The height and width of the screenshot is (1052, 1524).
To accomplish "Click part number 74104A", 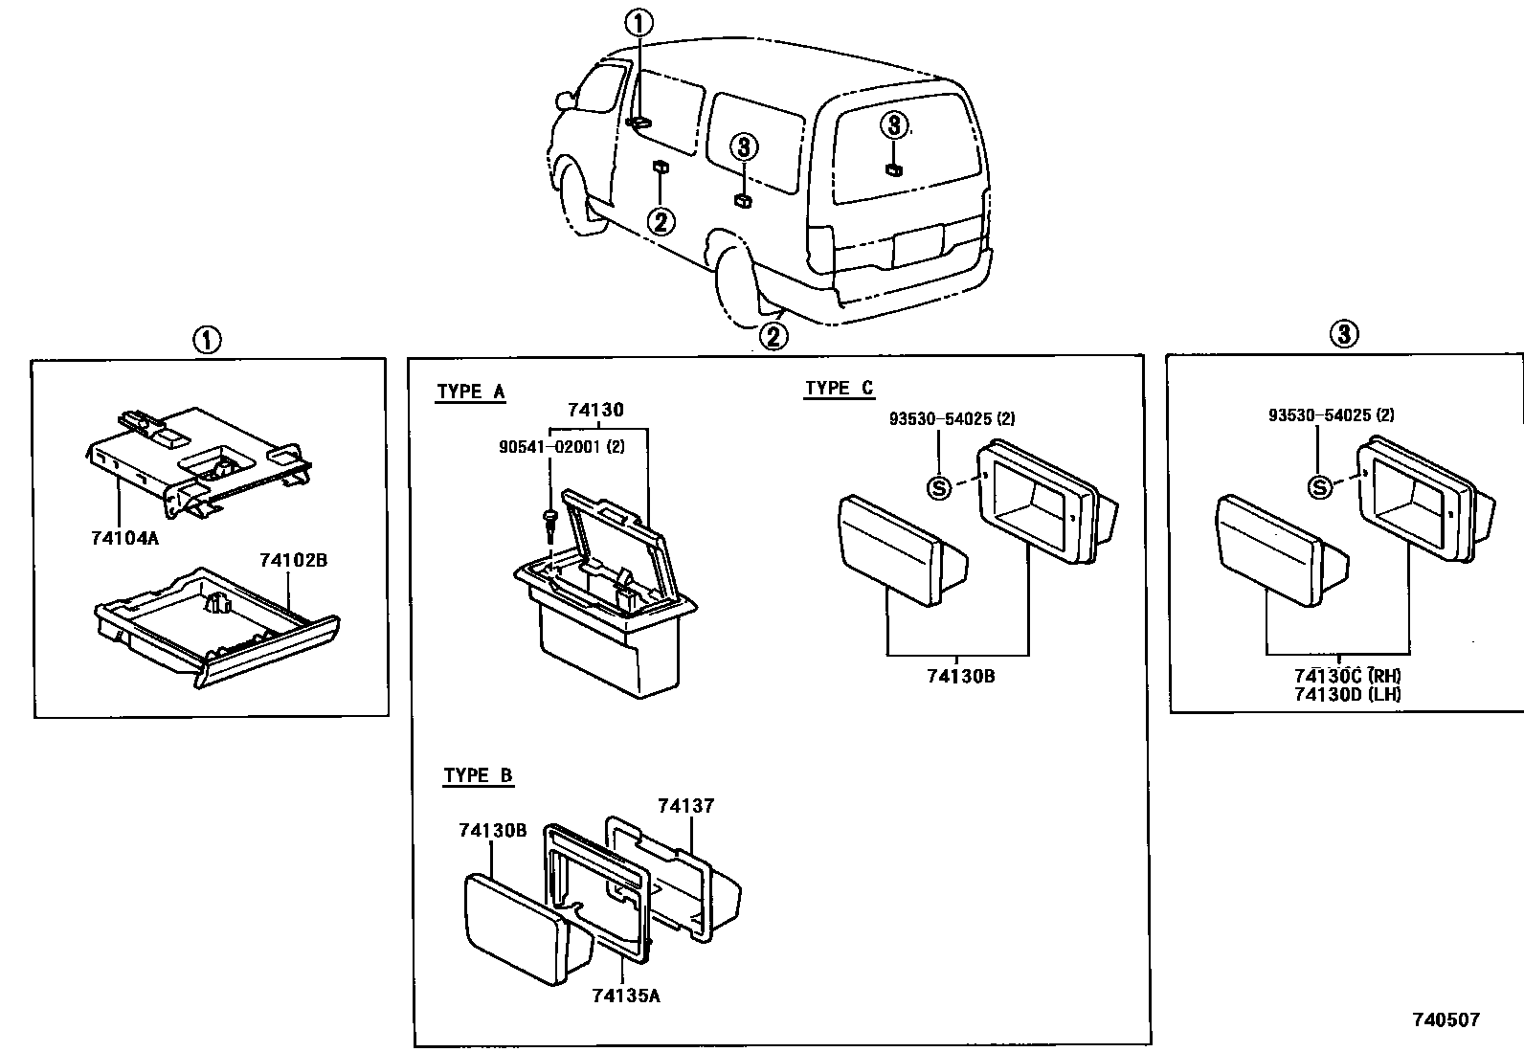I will (x=124, y=538).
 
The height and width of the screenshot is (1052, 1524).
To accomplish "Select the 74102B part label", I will (x=293, y=560).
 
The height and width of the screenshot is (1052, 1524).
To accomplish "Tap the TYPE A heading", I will (x=470, y=392).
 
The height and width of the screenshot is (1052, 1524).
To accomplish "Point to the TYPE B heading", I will (x=478, y=775).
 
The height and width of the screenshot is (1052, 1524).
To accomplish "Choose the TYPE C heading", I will (x=839, y=388).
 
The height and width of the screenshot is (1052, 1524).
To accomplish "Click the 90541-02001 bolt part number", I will (x=561, y=447).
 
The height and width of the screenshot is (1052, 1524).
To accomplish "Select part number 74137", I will (x=685, y=807).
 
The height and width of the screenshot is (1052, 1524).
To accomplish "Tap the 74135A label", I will (x=625, y=996).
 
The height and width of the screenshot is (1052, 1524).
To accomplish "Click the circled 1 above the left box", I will (x=207, y=339).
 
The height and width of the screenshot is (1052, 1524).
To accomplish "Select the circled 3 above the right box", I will (x=1344, y=334).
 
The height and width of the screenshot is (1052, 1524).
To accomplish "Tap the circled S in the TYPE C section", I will (x=939, y=487).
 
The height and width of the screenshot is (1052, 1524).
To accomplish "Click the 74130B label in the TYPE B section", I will (x=492, y=831).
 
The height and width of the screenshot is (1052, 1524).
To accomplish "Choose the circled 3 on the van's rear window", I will (x=893, y=124).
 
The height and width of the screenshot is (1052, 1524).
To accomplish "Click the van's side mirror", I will (x=564, y=99).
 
